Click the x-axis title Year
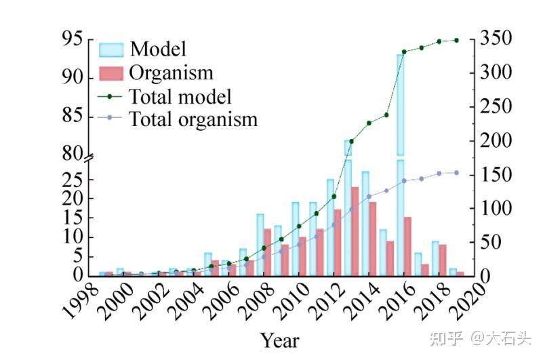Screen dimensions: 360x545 (x=279, y=339)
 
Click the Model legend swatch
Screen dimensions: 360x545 (x=111, y=49)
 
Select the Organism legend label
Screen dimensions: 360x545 (x=171, y=73)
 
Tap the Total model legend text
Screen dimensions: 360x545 (x=180, y=96)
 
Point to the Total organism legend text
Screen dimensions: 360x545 (x=193, y=120)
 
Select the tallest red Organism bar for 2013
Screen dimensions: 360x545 (x=355, y=231)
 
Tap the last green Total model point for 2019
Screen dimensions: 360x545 (x=456, y=40)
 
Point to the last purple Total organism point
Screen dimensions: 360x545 (x=456, y=173)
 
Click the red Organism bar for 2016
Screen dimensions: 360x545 (x=407, y=246)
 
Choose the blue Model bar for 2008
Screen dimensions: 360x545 (x=260, y=245)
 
